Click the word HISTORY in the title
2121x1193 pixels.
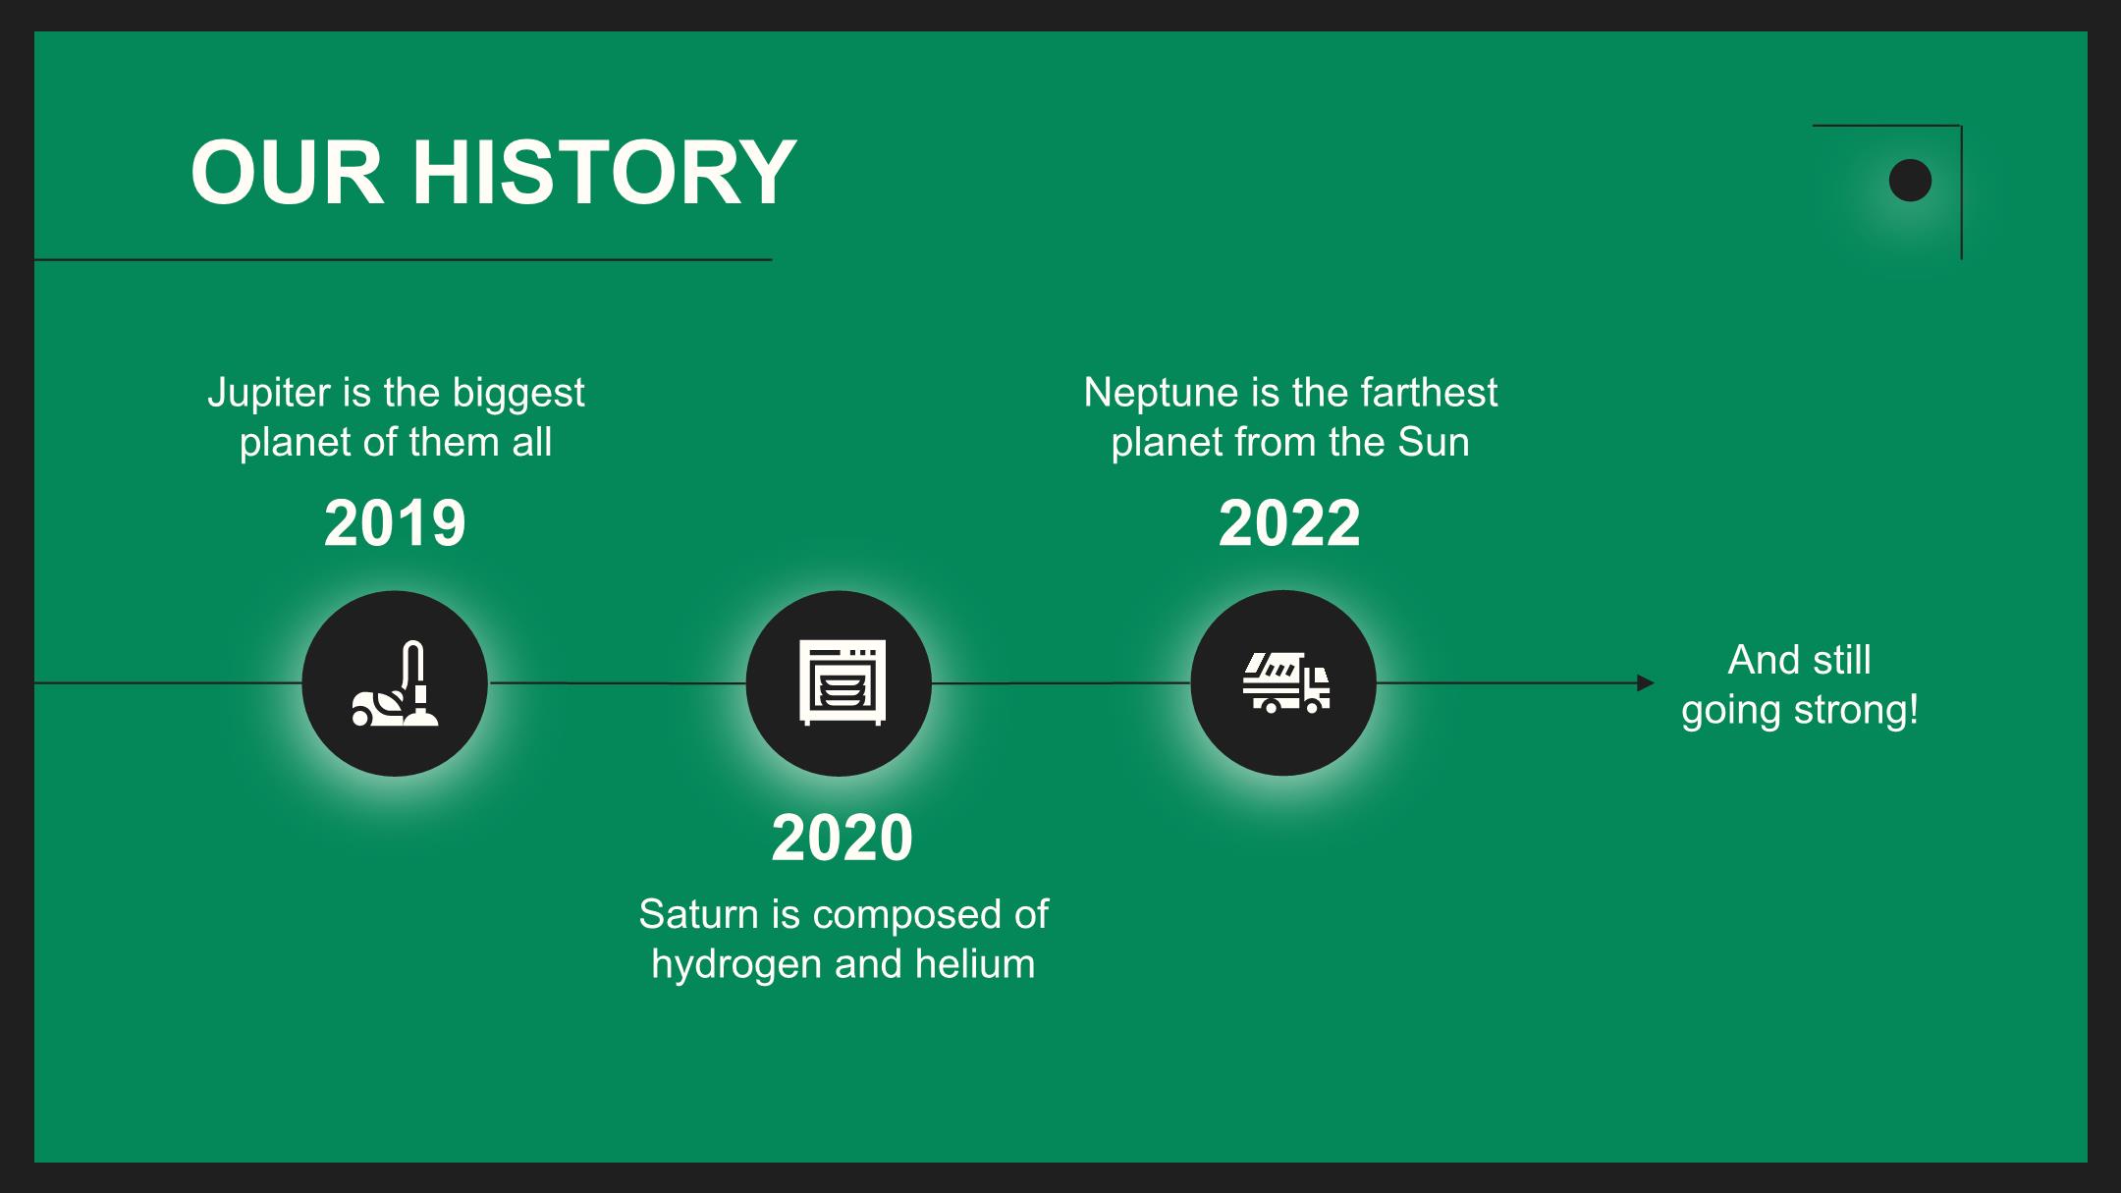604,172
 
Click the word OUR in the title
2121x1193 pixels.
287,172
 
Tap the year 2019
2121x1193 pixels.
395,522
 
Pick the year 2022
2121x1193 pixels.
1289,522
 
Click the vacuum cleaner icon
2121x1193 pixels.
395,683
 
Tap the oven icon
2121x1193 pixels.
842,683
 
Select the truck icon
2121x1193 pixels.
1285,683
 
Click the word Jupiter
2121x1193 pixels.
268,394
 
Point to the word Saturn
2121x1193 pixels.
699,914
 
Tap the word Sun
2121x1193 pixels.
1434,442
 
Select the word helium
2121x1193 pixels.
975,963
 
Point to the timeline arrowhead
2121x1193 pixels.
1646,683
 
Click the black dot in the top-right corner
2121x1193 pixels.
1910,181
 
